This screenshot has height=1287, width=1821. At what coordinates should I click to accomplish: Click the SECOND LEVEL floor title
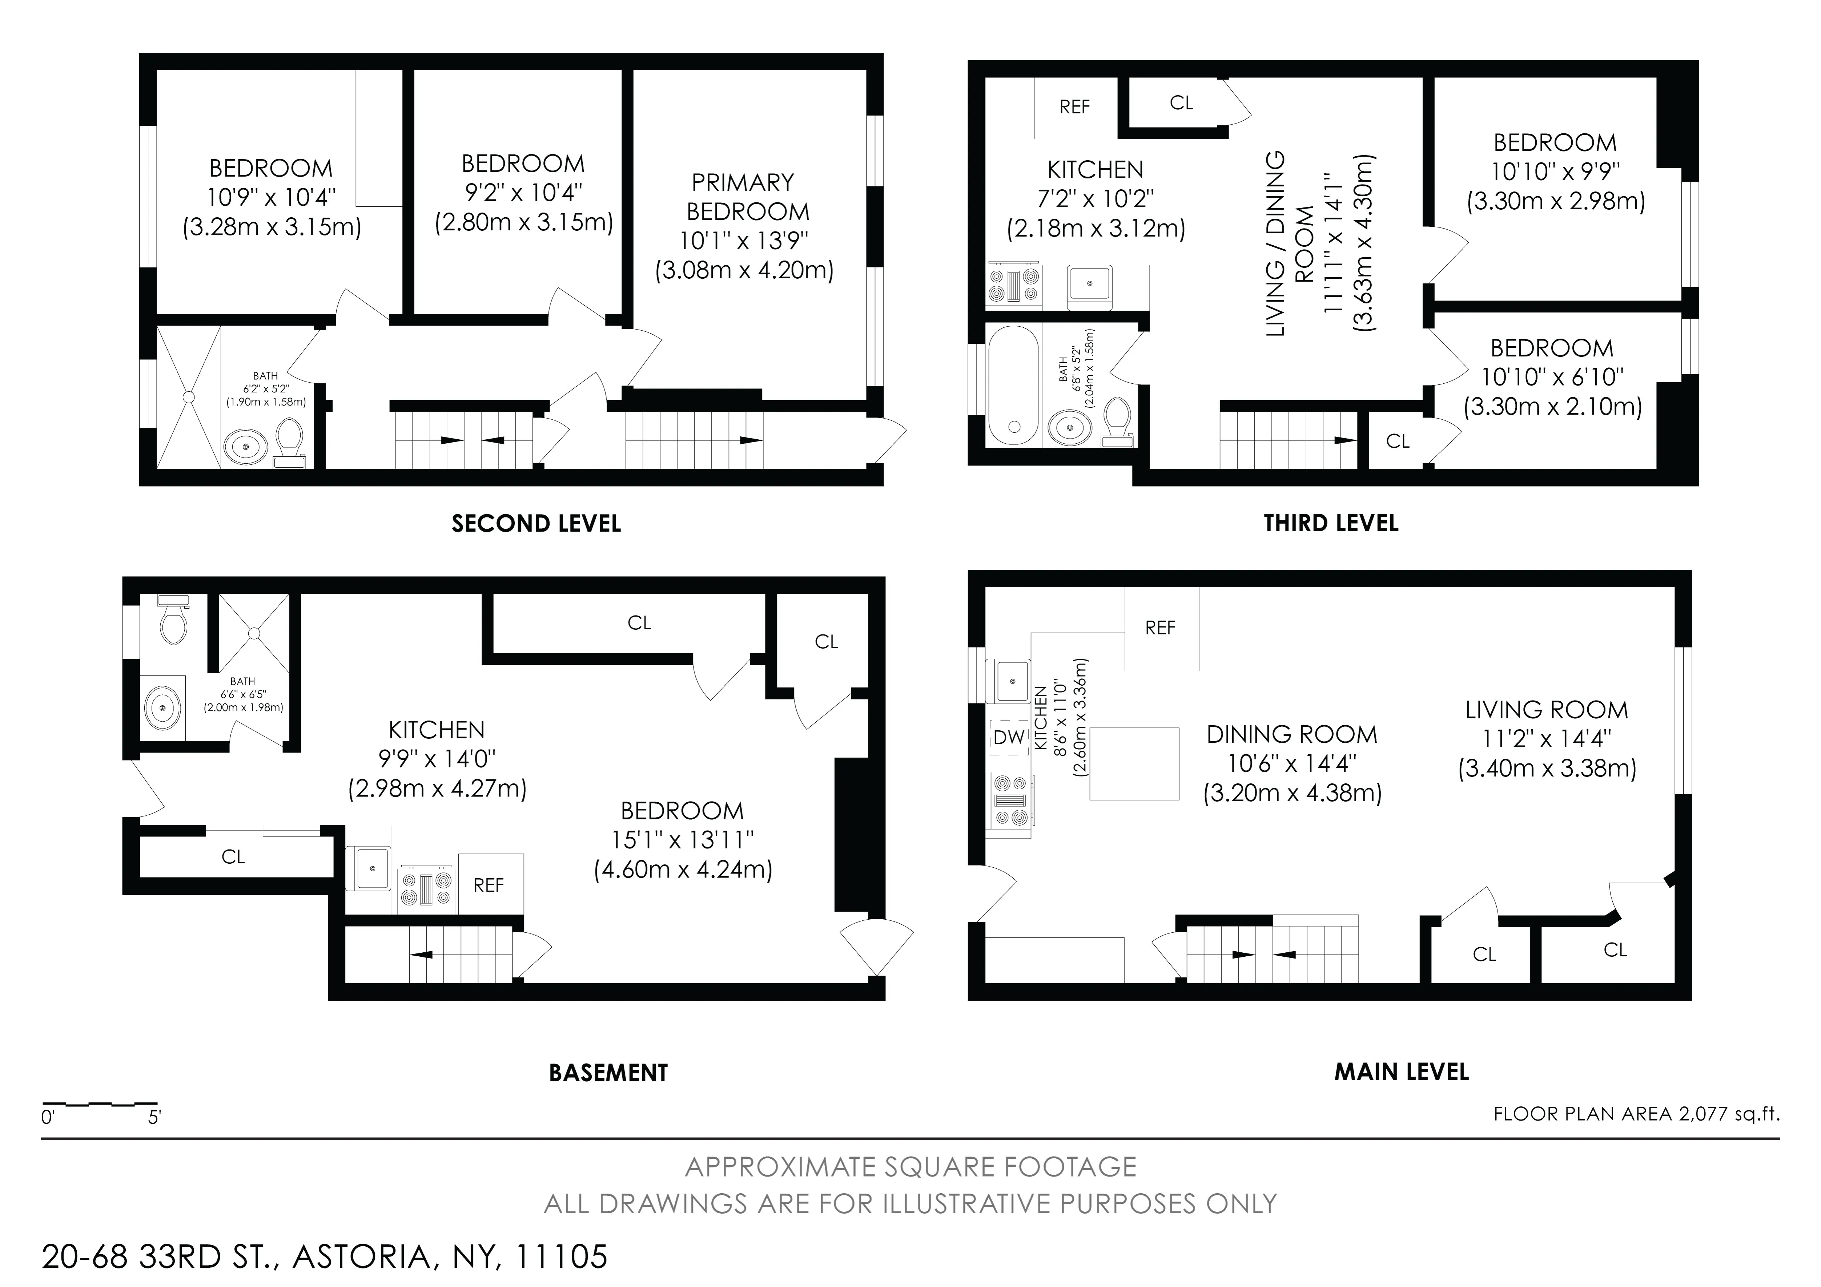(x=536, y=523)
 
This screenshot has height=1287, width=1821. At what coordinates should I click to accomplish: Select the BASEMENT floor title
(x=608, y=1073)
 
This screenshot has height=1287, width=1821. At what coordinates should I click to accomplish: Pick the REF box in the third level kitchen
(x=1075, y=107)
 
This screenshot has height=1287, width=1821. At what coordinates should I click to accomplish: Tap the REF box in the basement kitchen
(x=489, y=885)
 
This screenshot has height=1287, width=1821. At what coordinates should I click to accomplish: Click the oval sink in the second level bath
(x=247, y=447)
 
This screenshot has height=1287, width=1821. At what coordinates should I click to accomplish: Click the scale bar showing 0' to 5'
(x=100, y=1105)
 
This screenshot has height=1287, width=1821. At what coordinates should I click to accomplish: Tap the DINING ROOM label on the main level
(x=1292, y=734)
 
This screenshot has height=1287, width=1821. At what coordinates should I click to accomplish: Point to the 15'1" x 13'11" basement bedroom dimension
(x=682, y=840)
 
